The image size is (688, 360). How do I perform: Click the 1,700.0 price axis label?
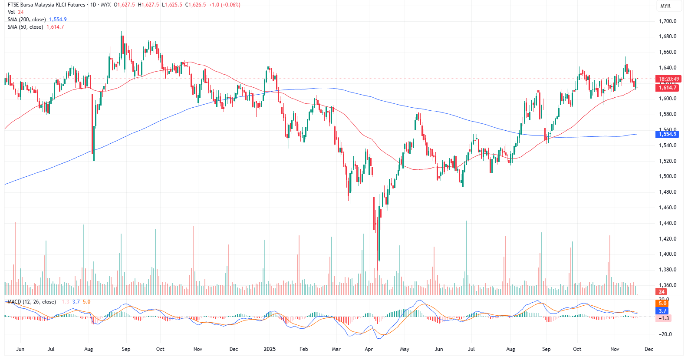pos(668,21)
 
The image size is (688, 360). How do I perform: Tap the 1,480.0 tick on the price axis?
pos(668,192)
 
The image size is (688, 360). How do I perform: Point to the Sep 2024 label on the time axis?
pos(126,349)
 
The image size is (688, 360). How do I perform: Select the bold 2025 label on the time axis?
pos(270,349)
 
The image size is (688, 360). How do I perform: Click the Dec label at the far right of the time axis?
pos(649,349)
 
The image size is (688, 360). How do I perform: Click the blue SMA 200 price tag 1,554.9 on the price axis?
pos(668,134)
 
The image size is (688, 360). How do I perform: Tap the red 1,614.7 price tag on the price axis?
pos(668,88)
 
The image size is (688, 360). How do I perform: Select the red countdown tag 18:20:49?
pos(669,79)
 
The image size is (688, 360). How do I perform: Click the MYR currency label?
pos(665,6)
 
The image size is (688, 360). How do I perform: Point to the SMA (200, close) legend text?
pos(26,20)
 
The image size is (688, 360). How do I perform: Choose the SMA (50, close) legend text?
pos(25,27)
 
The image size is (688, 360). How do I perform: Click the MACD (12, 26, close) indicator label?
pos(32,302)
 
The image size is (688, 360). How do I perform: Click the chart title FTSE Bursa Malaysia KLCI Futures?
pos(46,5)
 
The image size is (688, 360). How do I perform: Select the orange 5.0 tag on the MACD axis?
pos(662,304)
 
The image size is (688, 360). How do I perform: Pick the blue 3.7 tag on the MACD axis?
pos(662,311)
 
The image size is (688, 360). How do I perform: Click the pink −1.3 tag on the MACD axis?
pos(664,318)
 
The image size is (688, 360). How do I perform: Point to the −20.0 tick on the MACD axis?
pos(666,334)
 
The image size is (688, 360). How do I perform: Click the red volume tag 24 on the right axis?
pos(662,292)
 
